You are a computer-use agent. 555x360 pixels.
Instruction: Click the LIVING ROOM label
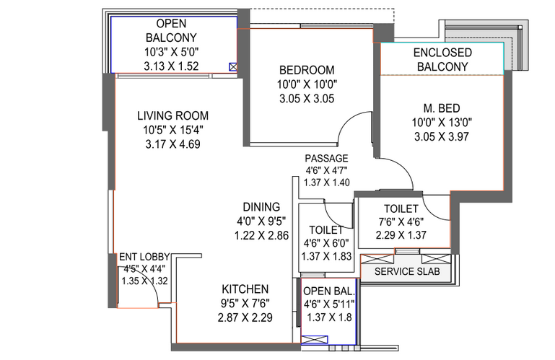[172, 115]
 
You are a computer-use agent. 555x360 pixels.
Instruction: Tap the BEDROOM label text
[307, 70]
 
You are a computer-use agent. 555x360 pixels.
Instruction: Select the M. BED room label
[442, 108]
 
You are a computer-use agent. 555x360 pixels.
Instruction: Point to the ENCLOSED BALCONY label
[442, 59]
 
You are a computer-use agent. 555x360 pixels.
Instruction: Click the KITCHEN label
[245, 289]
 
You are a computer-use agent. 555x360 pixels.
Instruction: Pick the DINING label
[261, 207]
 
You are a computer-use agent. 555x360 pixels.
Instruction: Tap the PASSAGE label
[326, 158]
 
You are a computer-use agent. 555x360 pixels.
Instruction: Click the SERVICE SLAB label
[407, 271]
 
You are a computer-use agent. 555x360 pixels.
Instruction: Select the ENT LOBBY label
[144, 257]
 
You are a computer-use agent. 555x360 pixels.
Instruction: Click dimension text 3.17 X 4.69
[172, 144]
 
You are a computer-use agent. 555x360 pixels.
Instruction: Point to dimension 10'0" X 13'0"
[442, 123]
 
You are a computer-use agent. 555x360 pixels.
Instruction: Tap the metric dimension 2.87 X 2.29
[245, 317]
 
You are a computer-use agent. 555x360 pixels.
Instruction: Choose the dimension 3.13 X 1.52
[171, 66]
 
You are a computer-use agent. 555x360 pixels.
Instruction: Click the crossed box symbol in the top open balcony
[233, 66]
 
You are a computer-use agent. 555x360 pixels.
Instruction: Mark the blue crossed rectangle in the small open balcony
[315, 340]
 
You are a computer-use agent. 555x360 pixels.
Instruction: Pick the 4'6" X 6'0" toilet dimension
[326, 243]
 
